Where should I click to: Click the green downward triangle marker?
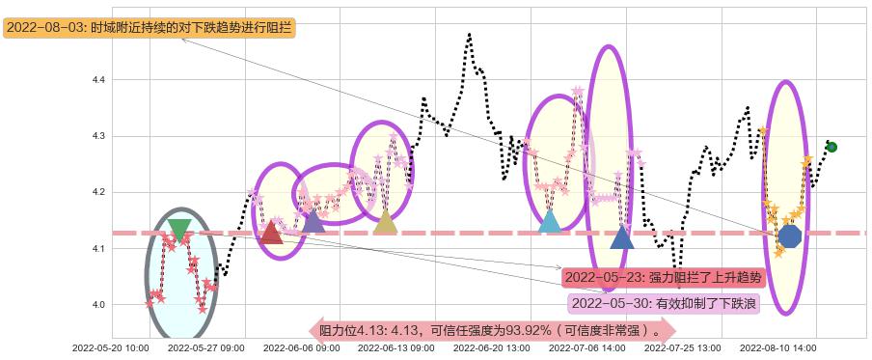point(179,230)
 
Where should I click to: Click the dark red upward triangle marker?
point(272,233)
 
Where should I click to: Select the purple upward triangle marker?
point(313,222)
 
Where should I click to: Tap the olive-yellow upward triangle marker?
point(385,222)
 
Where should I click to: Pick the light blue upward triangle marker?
point(550,222)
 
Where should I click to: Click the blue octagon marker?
point(789,235)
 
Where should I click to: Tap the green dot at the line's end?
point(831,148)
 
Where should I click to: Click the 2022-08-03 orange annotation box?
point(150,28)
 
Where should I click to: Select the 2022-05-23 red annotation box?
point(663,278)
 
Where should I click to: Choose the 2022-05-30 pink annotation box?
point(665,304)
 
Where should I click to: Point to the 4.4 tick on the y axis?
point(98,79)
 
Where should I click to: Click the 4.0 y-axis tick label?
point(98,305)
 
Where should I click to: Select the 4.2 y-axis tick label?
point(98,192)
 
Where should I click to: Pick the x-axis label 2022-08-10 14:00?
point(777,346)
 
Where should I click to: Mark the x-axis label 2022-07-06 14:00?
point(587,346)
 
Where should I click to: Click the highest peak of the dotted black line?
point(470,35)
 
